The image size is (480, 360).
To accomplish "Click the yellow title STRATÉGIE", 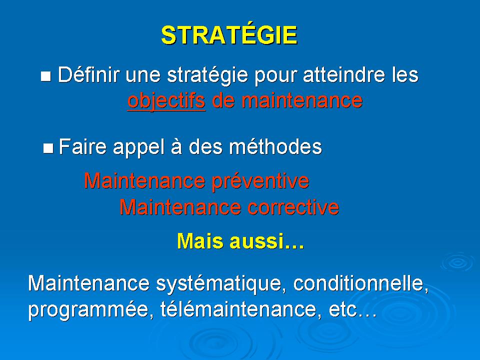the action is pos(229,34).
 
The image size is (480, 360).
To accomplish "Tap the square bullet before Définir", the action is pos(45,76).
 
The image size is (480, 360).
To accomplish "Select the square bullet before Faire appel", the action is pos(48,148).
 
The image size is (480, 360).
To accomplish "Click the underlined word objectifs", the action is pos(166,100).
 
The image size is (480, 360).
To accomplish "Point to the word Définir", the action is pos(88,74).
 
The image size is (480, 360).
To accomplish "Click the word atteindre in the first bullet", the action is pos(344,74).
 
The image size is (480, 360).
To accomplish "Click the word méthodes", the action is pos(275,146).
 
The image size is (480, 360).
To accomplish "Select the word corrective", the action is pos(293,207).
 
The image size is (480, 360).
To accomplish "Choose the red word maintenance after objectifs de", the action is pos(302,100).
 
